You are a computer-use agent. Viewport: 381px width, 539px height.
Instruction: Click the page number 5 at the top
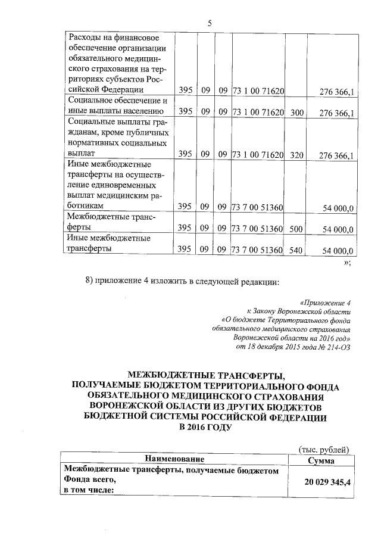(210, 23)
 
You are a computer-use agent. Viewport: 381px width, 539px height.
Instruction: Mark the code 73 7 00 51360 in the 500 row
(257, 229)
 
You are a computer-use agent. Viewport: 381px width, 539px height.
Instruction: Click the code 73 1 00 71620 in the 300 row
(257, 111)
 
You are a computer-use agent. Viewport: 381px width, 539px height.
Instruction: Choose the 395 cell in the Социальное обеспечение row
(185, 111)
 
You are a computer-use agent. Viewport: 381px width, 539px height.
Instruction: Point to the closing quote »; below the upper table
(347, 263)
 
